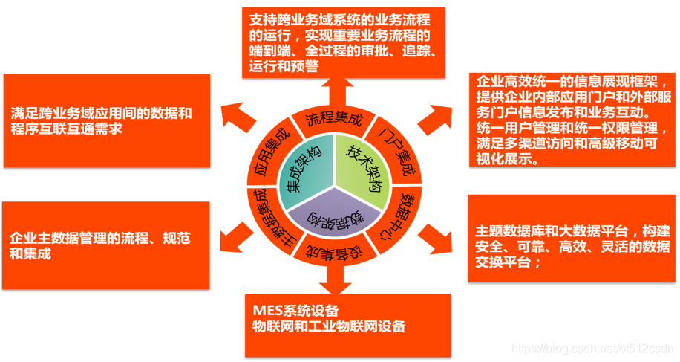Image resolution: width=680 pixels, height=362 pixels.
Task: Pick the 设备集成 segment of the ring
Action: click(333, 253)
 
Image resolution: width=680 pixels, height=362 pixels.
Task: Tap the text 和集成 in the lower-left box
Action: click(30, 254)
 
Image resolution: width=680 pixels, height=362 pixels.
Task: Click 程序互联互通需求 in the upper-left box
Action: click(67, 129)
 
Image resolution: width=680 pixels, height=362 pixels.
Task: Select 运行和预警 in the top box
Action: click(284, 65)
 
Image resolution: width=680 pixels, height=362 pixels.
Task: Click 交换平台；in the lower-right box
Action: click(509, 262)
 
